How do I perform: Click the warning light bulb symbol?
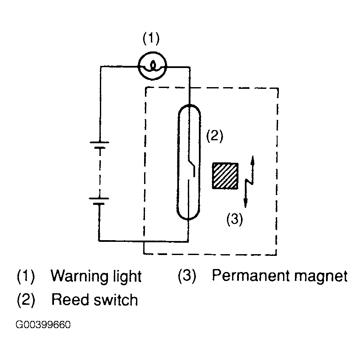[x=152, y=66]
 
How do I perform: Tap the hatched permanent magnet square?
[x=225, y=176]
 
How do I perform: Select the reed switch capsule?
[x=189, y=162]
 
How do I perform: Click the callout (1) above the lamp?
[x=151, y=38]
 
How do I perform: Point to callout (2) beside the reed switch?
[x=215, y=136]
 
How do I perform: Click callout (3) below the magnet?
[x=235, y=219]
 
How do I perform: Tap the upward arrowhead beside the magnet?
[x=252, y=161]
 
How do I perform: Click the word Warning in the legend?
[x=78, y=276]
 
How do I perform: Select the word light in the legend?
[x=125, y=276]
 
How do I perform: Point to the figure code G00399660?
[x=43, y=325]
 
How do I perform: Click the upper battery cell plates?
[x=99, y=145]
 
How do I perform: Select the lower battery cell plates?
[x=99, y=201]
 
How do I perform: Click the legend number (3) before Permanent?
[x=187, y=276]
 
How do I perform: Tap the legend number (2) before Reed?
[x=26, y=300]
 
